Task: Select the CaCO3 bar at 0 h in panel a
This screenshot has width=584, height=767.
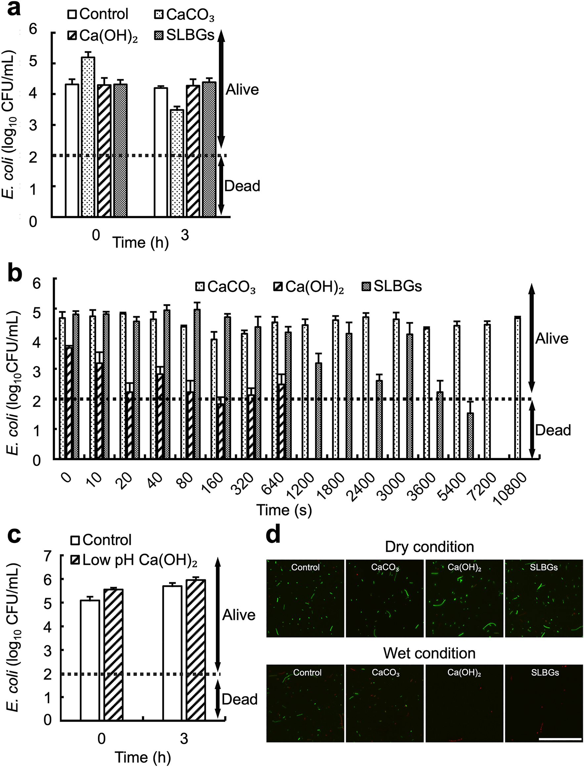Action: click(88, 137)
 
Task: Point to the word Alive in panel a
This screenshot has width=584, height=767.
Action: click(242, 90)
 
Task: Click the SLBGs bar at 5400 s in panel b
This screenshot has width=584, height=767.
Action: click(470, 435)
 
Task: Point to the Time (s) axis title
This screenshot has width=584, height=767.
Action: click(284, 510)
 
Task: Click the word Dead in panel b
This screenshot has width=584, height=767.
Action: click(552, 430)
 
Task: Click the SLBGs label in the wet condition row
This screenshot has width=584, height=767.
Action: click(545, 672)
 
